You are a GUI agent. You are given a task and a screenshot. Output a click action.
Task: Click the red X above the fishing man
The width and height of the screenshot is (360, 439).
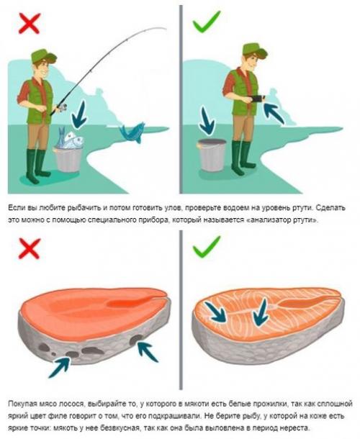pos(29,24)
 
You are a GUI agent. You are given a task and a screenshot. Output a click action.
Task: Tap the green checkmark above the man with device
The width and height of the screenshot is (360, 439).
pos(207,22)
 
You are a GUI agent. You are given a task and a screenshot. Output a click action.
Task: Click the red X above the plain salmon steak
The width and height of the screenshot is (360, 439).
pos(29,249)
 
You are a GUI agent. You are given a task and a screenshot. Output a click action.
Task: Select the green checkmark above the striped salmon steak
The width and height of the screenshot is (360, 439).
pos(207,246)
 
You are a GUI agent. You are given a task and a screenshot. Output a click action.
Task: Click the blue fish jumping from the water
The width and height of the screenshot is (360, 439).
pos(132,132)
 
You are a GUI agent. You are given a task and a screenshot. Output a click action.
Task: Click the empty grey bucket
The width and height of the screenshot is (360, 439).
pos(212,155)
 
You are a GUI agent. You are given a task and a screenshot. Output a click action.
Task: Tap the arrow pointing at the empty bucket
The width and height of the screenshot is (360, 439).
pos(207,121)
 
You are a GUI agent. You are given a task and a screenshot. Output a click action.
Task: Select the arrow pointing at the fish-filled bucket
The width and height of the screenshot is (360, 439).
pos(79,116)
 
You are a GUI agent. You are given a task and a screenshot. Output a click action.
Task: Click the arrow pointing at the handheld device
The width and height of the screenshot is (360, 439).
pos(274,112)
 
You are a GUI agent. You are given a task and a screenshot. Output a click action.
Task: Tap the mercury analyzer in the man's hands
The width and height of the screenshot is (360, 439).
pos(258,99)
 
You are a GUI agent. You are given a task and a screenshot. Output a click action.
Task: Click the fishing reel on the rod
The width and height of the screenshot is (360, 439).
pos(62,107)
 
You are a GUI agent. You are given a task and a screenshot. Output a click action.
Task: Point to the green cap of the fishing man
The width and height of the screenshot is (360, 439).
pos(43,56)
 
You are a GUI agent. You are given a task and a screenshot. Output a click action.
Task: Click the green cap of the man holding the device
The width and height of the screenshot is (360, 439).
pos(254,50)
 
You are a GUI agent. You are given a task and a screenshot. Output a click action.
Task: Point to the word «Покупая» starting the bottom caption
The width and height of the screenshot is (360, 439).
pos(21,404)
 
